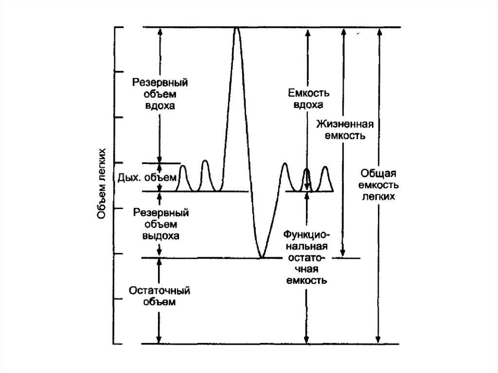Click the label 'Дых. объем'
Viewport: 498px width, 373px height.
pos(147,178)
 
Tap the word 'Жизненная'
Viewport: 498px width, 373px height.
pos(345,124)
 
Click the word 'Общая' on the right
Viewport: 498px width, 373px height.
pos(378,174)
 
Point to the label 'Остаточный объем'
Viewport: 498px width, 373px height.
pos(160,296)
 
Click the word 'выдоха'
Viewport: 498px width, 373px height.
pos(160,236)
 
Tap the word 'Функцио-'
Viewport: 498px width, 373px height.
pos(306,235)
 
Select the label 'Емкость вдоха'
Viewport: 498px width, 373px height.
pos(308,99)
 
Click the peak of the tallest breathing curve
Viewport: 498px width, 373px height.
pos(236,28)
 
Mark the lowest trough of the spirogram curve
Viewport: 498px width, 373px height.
pos(261,257)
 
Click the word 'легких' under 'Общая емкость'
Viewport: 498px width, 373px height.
pos(378,196)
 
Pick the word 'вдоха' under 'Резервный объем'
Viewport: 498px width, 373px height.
pos(160,106)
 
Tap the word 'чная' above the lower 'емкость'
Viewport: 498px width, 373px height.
pos(307,269)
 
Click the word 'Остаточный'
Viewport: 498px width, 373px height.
pos(160,290)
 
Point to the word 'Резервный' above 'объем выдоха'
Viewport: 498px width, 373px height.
pos(160,213)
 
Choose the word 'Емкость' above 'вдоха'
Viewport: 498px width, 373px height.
pos(309,93)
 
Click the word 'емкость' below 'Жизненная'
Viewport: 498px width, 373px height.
pos(345,136)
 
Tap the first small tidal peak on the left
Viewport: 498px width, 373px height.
pos(183,166)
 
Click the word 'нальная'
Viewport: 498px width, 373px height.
pos(307,246)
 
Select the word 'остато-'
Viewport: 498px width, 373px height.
pos(307,258)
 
